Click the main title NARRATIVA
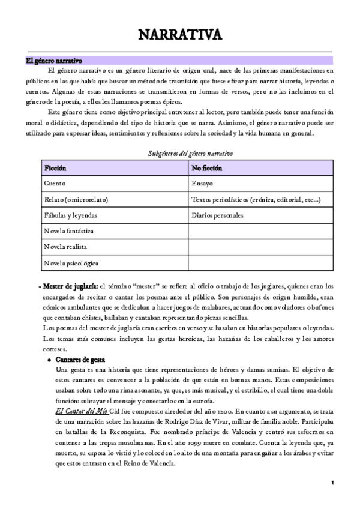click(x=180, y=35)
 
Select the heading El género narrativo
click(x=53, y=61)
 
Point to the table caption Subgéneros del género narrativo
click(x=190, y=154)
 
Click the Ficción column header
click(x=55, y=168)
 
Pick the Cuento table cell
click(x=55, y=184)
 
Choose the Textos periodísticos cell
click(x=255, y=199)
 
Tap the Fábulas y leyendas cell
click(x=71, y=215)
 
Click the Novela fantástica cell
click(x=68, y=231)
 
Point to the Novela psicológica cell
click(x=71, y=263)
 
